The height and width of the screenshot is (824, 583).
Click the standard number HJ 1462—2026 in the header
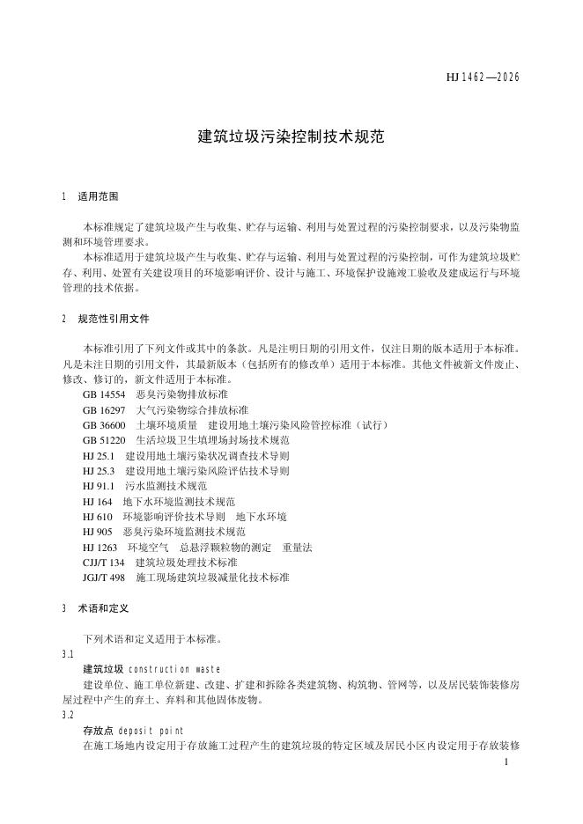tap(483, 77)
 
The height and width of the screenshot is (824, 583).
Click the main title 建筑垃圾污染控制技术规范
tap(291, 137)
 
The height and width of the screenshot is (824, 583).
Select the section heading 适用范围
tap(98, 196)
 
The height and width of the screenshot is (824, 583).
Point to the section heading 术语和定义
tap(103, 608)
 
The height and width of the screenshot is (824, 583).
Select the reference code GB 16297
tap(104, 410)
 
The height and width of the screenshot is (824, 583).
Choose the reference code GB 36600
tap(104, 424)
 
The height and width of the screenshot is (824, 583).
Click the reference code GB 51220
tap(104, 439)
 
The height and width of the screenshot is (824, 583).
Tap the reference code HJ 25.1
tap(99, 456)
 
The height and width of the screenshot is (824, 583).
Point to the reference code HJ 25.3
tap(99, 471)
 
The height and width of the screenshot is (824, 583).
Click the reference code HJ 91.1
tap(99, 486)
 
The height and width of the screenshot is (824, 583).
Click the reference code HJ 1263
tap(100, 547)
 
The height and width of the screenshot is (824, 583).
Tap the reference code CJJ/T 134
tap(104, 562)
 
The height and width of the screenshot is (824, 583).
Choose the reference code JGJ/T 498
tap(105, 578)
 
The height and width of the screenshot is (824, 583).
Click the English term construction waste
tap(174, 669)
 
